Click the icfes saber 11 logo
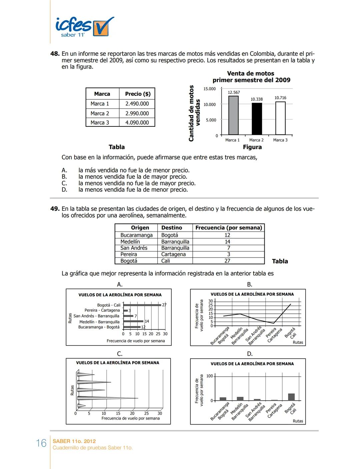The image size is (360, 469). tap(84, 27)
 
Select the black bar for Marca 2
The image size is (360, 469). tap(257, 119)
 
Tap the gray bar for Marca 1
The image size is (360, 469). tap(233, 115)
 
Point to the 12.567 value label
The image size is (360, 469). tap(234, 92)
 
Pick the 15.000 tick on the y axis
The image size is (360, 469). tap(210, 89)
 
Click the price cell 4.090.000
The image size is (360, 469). tap(137, 122)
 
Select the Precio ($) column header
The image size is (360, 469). tap(137, 94)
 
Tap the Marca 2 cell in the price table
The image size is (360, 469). tap(100, 113)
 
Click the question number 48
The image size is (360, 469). tap(55, 54)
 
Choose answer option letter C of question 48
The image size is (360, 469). tap(64, 183)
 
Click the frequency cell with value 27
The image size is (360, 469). tap(227, 261)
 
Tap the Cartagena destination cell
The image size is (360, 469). tap(173, 254)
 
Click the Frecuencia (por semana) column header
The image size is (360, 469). tap(229, 227)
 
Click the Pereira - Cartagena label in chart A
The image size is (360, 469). tap(102, 310)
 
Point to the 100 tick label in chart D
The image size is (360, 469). tap(209, 376)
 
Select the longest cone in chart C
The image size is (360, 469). tap(107, 398)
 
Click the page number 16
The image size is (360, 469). tap(41, 443)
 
